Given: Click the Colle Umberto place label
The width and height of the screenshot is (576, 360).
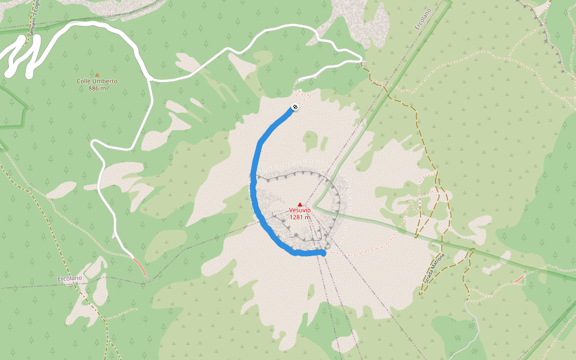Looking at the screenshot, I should point(97,81).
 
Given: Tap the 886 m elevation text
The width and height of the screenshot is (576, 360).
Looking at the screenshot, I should point(97,88).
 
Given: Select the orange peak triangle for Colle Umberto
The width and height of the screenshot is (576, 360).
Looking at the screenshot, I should point(97,75).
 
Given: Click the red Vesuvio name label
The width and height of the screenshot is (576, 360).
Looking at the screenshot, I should point(299,211).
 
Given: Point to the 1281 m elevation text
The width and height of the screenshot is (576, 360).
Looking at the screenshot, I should point(299,217).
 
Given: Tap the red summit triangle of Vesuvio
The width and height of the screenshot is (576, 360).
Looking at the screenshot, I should point(300,205).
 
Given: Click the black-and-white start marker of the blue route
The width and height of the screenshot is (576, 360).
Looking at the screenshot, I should point(295,107).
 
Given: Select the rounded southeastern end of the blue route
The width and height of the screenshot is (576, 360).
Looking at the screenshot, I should point(323,253).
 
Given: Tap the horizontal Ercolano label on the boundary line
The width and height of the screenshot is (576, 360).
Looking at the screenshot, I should point(69,279).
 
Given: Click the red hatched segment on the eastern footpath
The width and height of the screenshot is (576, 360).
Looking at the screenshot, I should point(520,278).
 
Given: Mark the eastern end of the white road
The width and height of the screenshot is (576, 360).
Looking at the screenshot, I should point(361,59).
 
